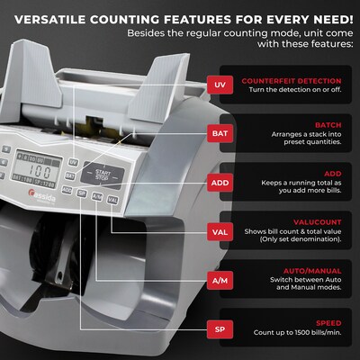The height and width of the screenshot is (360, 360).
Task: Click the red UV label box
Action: tap(219, 85)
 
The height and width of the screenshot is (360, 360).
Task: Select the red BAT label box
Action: tap(219, 133)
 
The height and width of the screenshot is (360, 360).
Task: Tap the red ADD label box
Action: tap(219, 182)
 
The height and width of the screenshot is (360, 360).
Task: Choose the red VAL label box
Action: tap(219, 230)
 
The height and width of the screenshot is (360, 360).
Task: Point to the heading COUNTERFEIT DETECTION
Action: tap(293, 77)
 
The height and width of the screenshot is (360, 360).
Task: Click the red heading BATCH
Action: tap(330, 125)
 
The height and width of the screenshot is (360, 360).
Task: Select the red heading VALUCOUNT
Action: tap(317, 221)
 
